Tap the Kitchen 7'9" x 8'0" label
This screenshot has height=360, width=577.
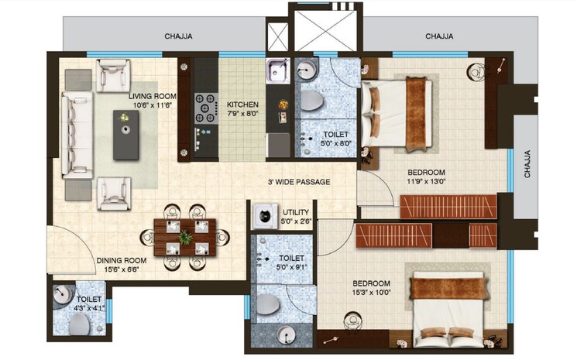pos(242,109)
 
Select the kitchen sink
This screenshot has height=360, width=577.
pos(277,71)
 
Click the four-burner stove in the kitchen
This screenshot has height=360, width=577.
pos(205,108)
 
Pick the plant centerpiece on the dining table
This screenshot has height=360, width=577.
pos(185,236)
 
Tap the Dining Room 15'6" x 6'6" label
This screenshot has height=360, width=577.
pos(122,266)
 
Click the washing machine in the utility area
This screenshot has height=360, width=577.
pos(265,215)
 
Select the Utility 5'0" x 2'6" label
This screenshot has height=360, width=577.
pos(297,216)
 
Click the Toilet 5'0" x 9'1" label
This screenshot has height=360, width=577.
pos(291,262)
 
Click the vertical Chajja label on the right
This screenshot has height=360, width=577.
pos(528,164)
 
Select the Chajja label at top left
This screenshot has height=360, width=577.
pos(178,36)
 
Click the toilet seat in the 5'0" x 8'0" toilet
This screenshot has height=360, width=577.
pos(313,101)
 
